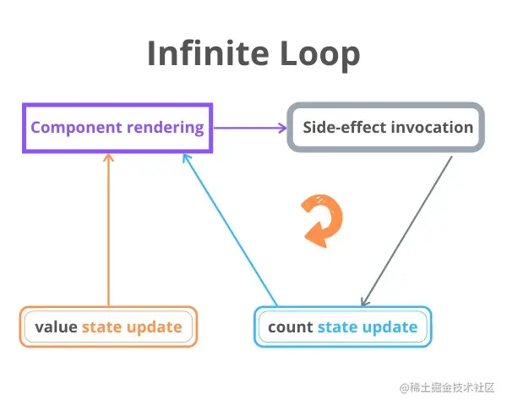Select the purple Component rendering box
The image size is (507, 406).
117,128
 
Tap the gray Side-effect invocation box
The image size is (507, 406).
387,128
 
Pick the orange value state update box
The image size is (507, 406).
108,326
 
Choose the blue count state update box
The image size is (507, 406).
342,326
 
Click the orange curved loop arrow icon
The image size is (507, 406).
322,220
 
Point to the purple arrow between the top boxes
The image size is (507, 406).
250,128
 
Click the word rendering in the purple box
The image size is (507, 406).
166,128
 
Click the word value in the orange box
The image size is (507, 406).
56,326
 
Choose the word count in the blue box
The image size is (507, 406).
291,326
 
